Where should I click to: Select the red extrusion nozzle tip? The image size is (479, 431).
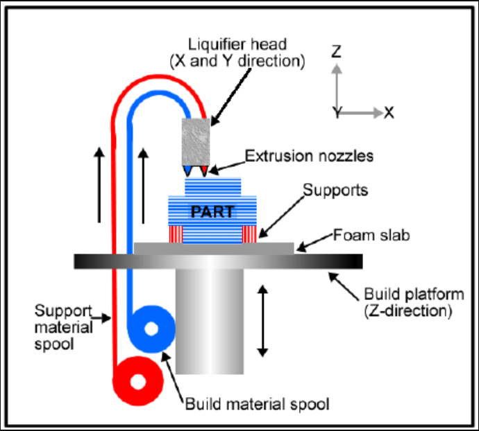[203, 170]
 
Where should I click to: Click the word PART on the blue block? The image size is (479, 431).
[212, 211]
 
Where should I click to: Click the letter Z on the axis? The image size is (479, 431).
[336, 51]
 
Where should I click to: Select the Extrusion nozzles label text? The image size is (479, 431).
[309, 157]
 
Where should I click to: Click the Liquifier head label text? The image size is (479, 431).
[237, 53]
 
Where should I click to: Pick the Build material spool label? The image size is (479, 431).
[256, 403]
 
